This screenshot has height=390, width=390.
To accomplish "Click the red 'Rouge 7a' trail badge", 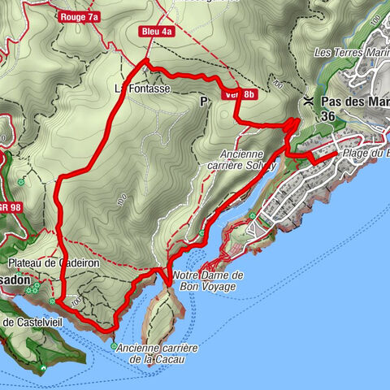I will pyautogui.click(x=79, y=16).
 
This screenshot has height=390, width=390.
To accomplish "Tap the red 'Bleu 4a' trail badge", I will pyautogui.click(x=157, y=32).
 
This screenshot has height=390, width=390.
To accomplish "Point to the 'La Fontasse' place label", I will pyautogui.click(x=143, y=89).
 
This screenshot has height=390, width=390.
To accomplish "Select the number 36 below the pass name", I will pyautogui.click(x=328, y=116).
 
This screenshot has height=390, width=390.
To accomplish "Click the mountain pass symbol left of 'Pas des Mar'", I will pyautogui.click(x=308, y=102).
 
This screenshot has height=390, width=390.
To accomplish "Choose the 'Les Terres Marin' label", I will pyautogui.click(x=351, y=54).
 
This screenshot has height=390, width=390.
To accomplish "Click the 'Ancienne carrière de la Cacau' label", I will pyautogui.click(x=158, y=353).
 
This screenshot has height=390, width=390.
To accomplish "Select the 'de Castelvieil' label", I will pyautogui.click(x=27, y=323).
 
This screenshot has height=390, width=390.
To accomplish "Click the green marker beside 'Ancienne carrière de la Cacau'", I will pyautogui.click(x=114, y=346).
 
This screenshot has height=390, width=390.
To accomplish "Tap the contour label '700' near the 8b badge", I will pyautogui.click(x=279, y=84).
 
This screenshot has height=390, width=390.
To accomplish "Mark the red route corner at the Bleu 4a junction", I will pyautogui.click(x=145, y=62).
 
